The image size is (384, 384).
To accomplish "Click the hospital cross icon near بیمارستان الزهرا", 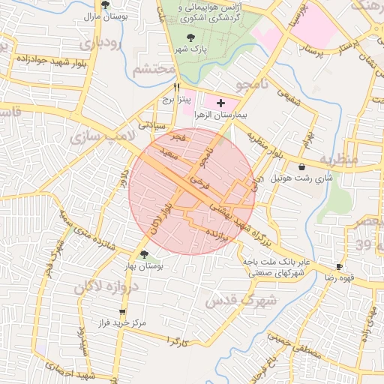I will click(x=220, y=102).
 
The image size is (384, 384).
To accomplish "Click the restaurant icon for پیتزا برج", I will click(x=175, y=87).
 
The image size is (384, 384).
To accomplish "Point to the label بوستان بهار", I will click(x=143, y=266).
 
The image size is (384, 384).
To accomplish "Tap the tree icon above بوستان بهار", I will click(x=144, y=255).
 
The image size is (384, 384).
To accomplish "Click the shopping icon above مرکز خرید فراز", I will click(x=122, y=312).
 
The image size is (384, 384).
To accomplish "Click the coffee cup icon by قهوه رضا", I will click(x=340, y=266).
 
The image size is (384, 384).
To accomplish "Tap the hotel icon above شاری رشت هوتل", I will click(x=301, y=166).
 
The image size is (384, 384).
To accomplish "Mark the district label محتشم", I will click(x=154, y=70).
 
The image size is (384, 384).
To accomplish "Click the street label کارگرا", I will click(x=177, y=341).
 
